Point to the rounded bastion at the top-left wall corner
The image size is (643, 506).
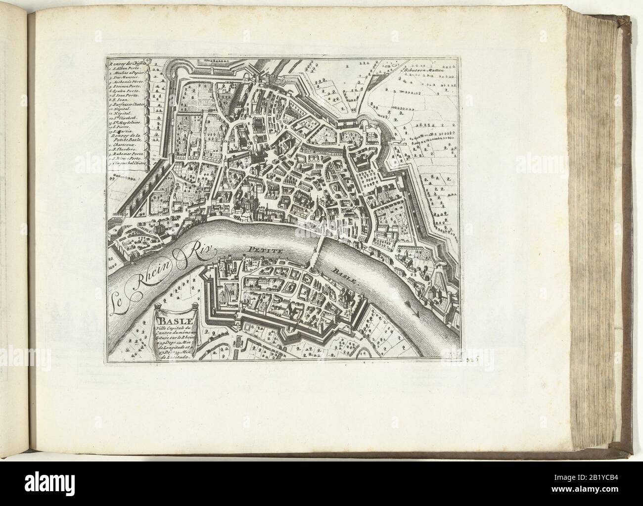click(181, 69)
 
